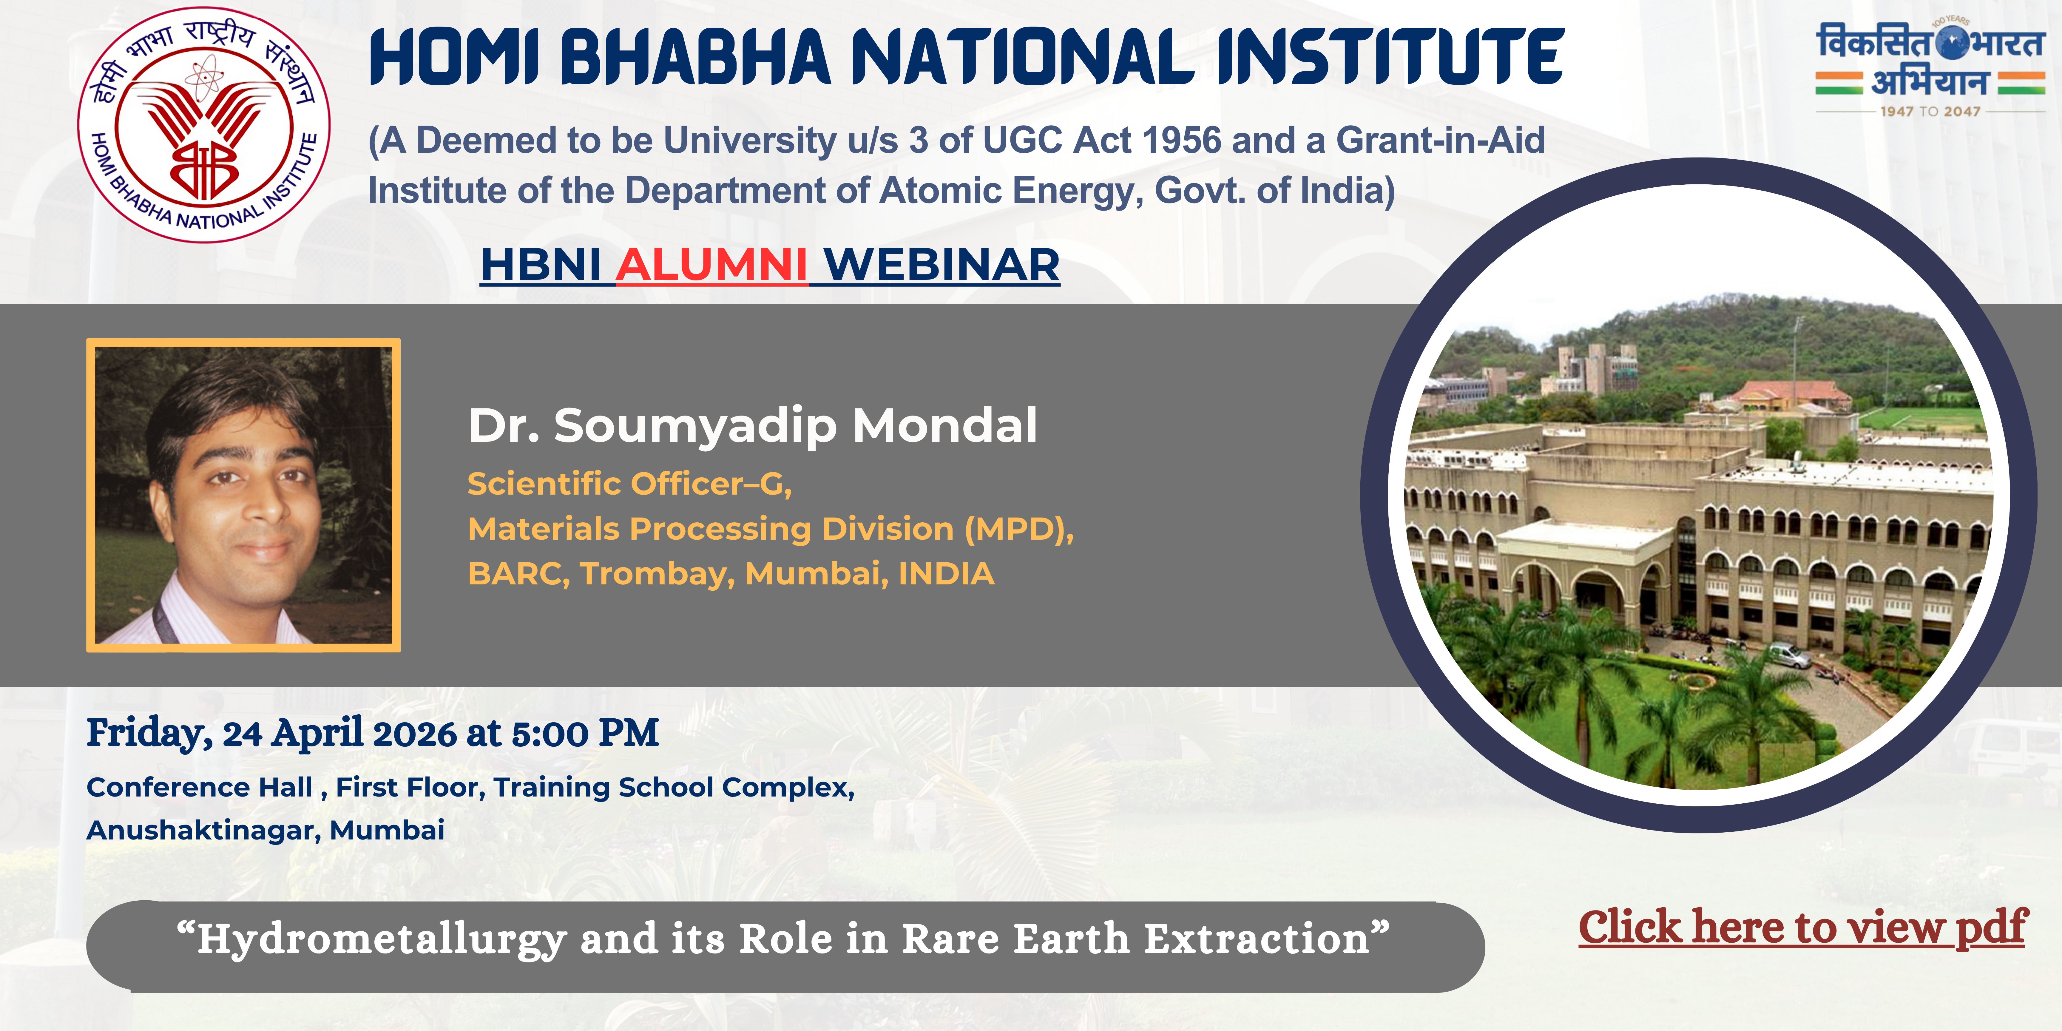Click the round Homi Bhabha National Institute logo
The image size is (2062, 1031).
pyautogui.click(x=204, y=125)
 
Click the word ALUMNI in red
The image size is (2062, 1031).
pyautogui.click(x=711, y=265)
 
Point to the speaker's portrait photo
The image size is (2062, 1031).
pyautogui.click(x=243, y=495)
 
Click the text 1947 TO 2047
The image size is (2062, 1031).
pyautogui.click(x=1930, y=111)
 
